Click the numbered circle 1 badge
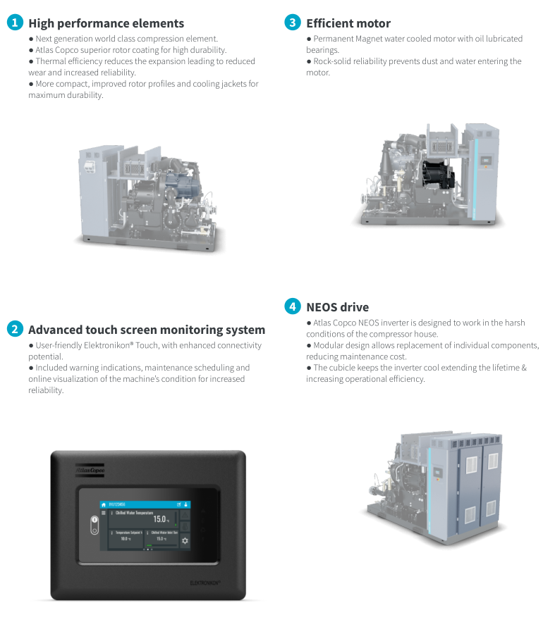(x=14, y=23)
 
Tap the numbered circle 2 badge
(x=14, y=329)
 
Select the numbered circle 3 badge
(x=293, y=23)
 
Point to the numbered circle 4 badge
(x=293, y=306)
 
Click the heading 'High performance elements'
(x=106, y=23)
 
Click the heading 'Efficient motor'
(x=348, y=23)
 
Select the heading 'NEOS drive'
(x=337, y=307)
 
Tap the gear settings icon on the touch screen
(x=185, y=540)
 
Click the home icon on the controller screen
(x=103, y=504)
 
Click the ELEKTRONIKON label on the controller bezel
(x=206, y=583)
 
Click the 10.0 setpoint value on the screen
(x=123, y=539)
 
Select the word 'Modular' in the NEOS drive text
(x=330, y=345)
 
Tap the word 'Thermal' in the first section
(x=51, y=61)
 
